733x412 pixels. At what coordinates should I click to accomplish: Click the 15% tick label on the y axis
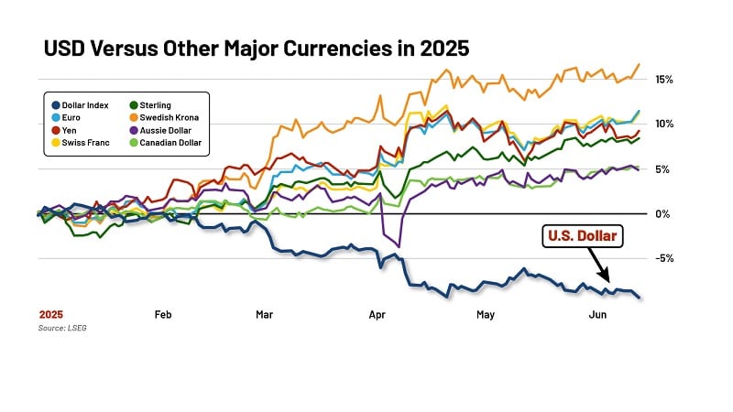coord(664,80)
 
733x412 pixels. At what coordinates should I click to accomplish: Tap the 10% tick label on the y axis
coord(664,124)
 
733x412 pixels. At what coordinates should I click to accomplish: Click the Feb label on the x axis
coord(163,315)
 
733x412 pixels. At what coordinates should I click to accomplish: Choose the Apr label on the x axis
coord(377,315)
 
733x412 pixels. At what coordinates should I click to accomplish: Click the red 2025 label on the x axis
coord(50,315)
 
